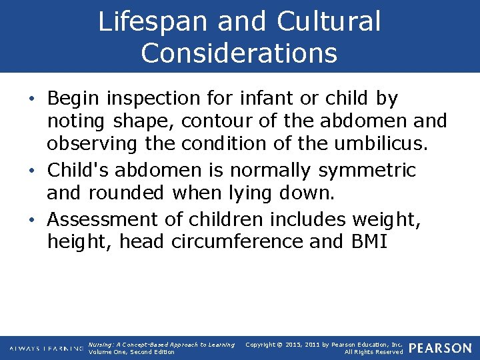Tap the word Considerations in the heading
239,53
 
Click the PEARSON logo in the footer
440,348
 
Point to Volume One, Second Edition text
131,352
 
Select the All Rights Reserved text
373,352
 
